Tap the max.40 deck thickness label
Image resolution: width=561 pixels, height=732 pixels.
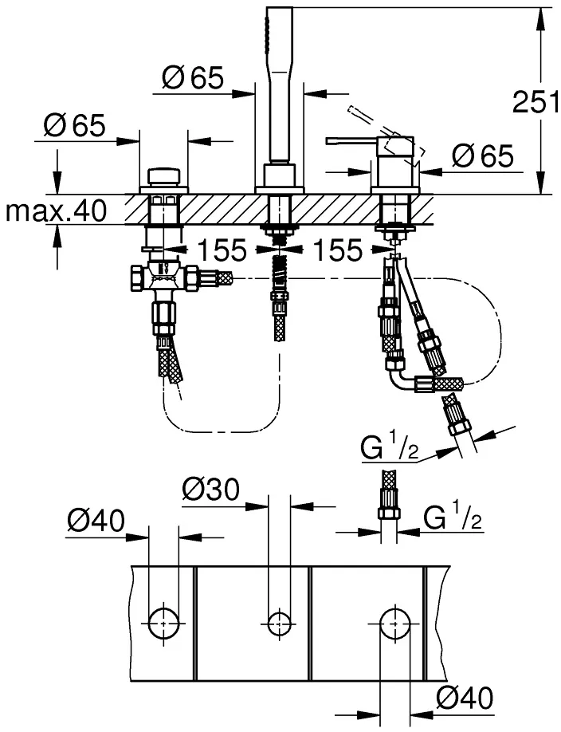pyautogui.click(x=56, y=211)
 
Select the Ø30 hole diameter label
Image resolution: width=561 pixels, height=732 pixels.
pyautogui.click(x=210, y=490)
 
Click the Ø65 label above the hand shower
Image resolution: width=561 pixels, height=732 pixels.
pyautogui.click(x=193, y=78)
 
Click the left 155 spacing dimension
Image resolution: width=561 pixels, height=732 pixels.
pyautogui.click(x=222, y=250)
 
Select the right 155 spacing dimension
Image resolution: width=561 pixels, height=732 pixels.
pyautogui.click(x=337, y=250)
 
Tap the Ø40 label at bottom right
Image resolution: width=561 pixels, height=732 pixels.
pyautogui.click(x=465, y=699)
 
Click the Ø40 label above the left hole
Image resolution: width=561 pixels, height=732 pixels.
pyautogui.click(x=96, y=521)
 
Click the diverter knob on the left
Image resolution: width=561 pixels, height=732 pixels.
pyautogui.click(x=164, y=177)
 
